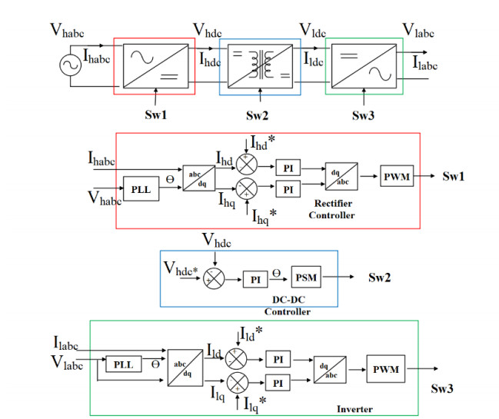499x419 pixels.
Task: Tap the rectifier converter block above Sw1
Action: click(154, 65)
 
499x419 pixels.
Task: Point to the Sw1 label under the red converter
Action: click(156, 115)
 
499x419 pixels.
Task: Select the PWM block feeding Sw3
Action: click(385, 370)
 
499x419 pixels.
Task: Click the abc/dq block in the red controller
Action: click(199, 178)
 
